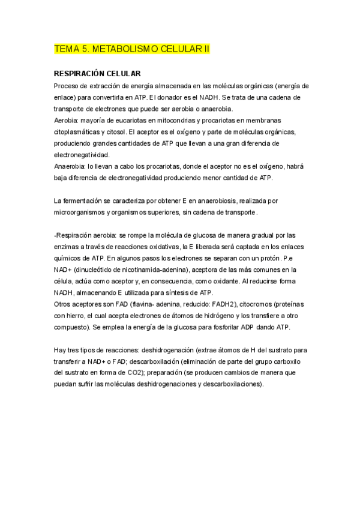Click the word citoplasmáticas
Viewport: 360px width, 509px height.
point(79,131)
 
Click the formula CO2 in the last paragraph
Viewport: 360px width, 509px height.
point(129,373)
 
